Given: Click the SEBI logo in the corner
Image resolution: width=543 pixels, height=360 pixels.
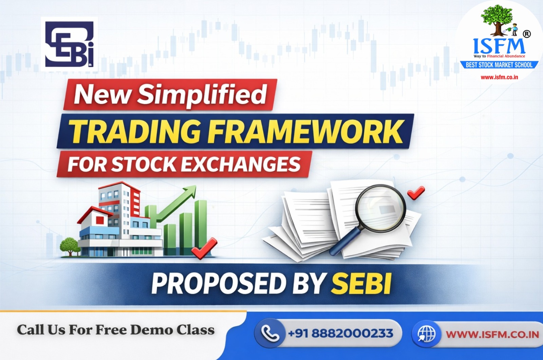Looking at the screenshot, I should tap(70, 44).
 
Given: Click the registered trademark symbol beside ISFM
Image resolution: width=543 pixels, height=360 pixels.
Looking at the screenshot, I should tap(527, 34).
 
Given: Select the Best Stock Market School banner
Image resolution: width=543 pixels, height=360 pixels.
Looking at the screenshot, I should tap(499, 65).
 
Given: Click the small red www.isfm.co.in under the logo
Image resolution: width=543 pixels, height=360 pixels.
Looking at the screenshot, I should tap(499, 77).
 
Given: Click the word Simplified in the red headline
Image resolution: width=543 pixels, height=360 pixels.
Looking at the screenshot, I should tap(202, 94).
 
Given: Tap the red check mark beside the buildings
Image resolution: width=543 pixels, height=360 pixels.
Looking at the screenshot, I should tap(204, 247).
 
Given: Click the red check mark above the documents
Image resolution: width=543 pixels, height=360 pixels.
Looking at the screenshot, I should tap(416, 192).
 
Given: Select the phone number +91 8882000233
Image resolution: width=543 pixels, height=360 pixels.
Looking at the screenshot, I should tap(340, 333).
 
